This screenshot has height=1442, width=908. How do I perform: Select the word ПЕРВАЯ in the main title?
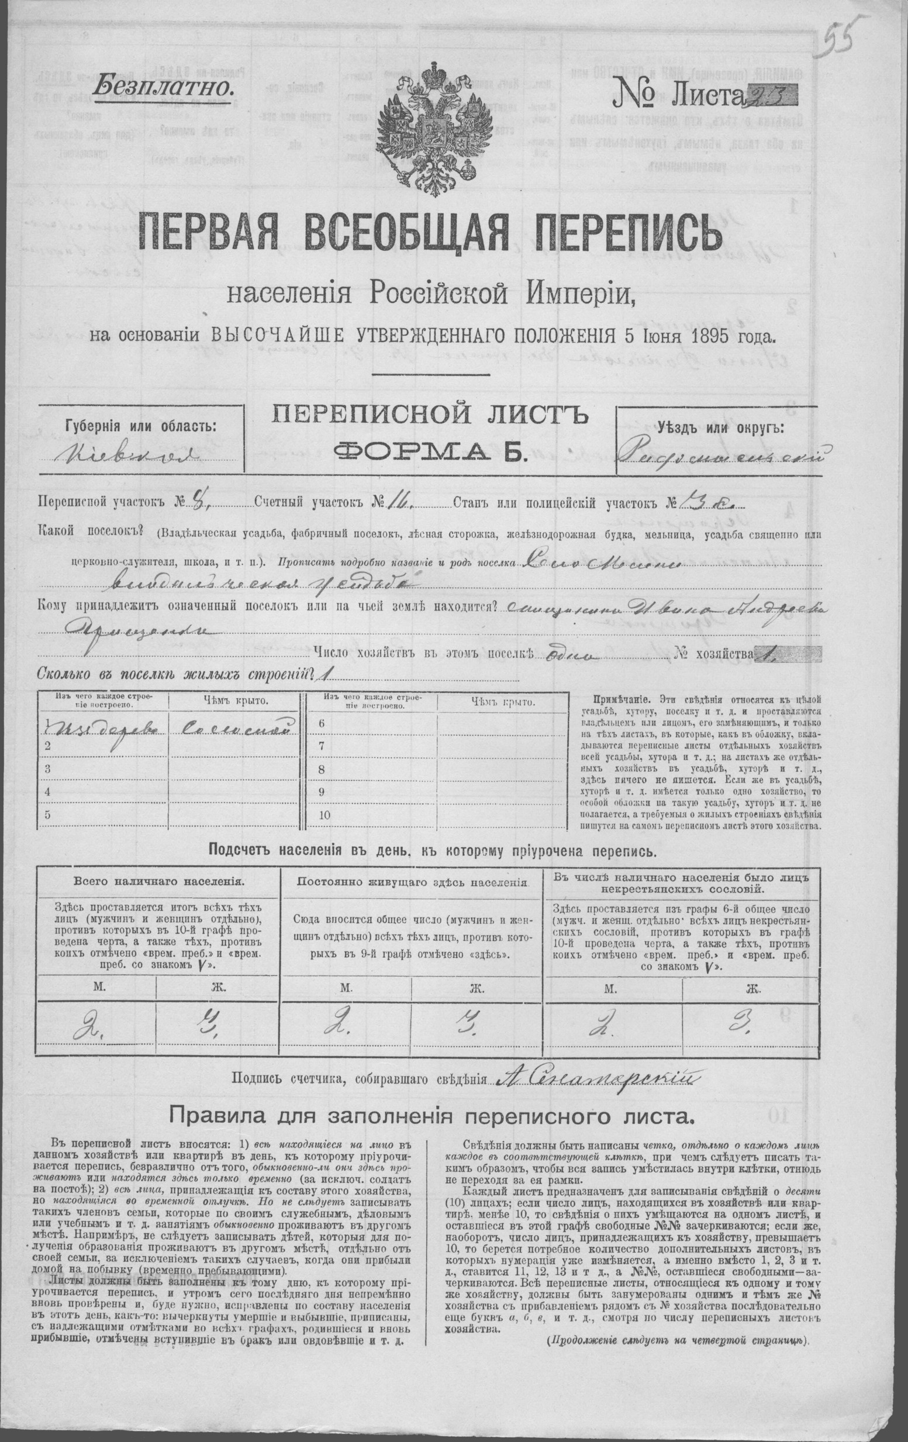click(x=219, y=235)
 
